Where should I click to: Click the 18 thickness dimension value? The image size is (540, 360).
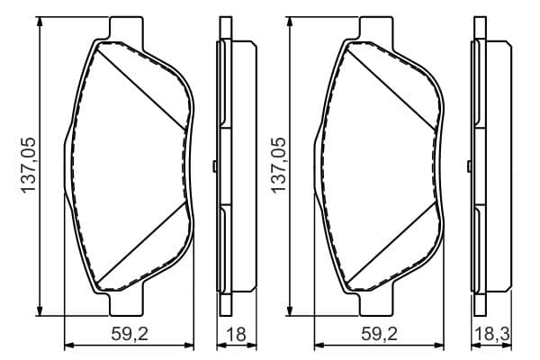237,334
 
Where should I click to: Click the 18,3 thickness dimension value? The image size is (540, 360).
491,334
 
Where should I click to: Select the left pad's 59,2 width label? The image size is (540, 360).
130,334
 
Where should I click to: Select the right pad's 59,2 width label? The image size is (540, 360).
379,334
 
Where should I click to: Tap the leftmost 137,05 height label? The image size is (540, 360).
28,165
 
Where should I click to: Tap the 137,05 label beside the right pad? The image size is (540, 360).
279,165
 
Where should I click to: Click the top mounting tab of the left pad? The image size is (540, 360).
126,28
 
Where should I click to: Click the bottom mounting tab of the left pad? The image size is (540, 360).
126,304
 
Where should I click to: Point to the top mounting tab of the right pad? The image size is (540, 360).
376,28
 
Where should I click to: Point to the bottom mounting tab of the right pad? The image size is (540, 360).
376,304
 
